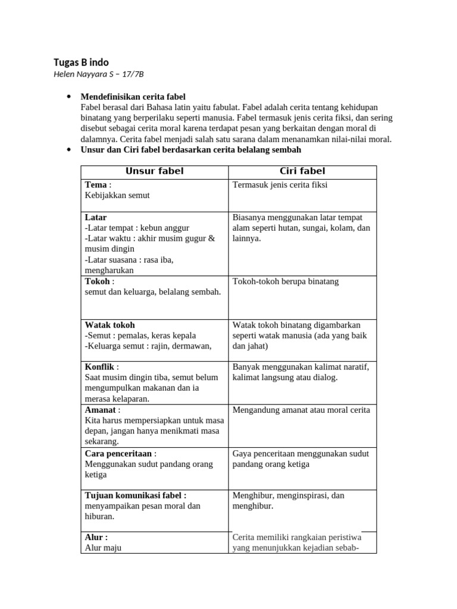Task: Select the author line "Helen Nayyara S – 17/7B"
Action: (99, 74)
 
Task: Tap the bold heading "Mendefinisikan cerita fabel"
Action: (133, 96)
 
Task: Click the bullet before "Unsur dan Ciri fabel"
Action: (69, 150)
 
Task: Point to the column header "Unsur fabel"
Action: (155, 171)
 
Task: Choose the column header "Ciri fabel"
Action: (302, 171)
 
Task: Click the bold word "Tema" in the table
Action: (96, 185)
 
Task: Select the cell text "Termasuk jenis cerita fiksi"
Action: (280, 185)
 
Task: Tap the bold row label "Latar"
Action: (96, 217)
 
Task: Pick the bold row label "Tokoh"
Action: (98, 281)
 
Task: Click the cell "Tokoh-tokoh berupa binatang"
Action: (286, 281)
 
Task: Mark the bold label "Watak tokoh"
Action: (110, 325)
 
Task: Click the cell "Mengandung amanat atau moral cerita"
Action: (301, 410)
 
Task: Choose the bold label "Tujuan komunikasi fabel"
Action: (134, 495)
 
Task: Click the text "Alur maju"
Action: (103, 547)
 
